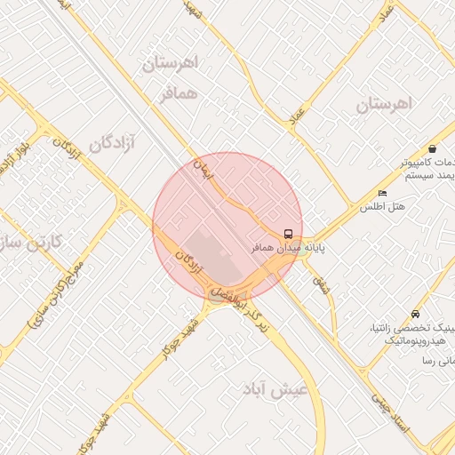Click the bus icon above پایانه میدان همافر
click(x=288, y=233)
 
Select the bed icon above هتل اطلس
click(x=382, y=194)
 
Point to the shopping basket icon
click(x=432, y=148)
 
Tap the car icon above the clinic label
click(x=416, y=315)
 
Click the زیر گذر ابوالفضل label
click(x=241, y=312)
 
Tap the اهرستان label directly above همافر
click(x=172, y=64)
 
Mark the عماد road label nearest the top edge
click(x=385, y=15)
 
